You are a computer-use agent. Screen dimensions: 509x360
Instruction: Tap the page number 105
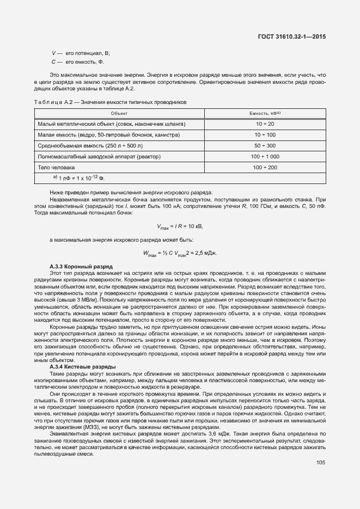point(320,463)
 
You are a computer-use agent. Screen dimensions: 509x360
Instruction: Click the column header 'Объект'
point(119,113)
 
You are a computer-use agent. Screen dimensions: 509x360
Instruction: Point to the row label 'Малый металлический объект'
point(111,124)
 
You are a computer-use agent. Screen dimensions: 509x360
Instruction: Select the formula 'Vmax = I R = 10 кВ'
point(180,226)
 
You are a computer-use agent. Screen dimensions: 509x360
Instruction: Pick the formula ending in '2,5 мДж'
point(180,253)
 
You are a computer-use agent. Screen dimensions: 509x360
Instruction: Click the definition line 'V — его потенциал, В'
point(81,53)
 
